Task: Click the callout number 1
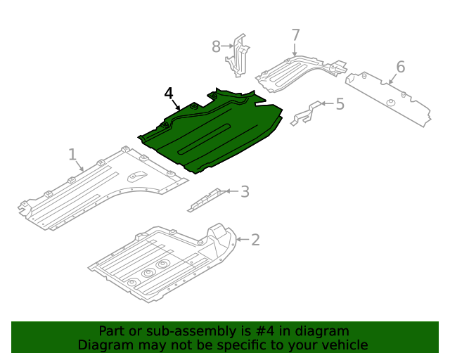72,155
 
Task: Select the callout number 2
255,240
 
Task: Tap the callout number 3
245,191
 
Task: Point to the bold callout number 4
169,94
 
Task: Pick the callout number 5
340,104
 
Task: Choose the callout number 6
401,67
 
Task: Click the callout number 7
295,35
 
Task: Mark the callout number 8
216,46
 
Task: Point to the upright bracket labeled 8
238,56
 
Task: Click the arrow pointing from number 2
243,240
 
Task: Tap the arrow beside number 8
228,46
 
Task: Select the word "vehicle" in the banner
349,345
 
